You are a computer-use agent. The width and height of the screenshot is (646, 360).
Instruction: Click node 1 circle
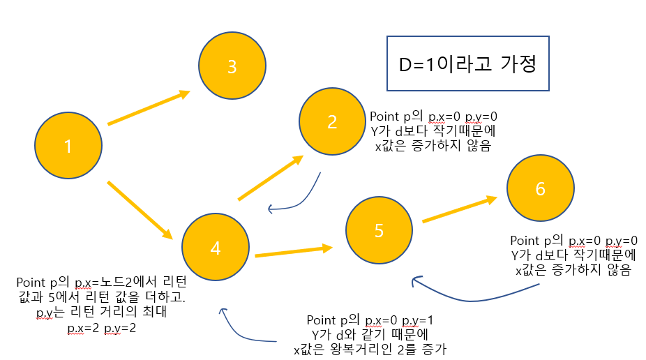pos(68,147)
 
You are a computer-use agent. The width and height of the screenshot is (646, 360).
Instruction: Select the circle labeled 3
pos(232,66)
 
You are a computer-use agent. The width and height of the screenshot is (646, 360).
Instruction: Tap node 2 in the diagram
pos(332,121)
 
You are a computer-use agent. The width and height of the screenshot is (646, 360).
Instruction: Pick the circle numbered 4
pos(215,248)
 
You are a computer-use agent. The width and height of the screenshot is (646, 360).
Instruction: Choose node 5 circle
pos(379,231)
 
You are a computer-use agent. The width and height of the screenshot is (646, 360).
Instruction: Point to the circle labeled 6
pos(540,189)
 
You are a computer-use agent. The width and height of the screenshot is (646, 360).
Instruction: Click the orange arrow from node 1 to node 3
pos(149,107)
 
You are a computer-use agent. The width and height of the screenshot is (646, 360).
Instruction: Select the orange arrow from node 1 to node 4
pos(140,209)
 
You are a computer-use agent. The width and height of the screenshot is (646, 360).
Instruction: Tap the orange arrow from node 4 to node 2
pos(270,178)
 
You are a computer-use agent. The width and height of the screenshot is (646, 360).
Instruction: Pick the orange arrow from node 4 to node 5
pos(293,251)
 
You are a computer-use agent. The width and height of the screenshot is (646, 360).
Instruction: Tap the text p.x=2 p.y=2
pos(101,327)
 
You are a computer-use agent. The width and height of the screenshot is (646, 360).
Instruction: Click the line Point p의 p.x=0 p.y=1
pos(370,320)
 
